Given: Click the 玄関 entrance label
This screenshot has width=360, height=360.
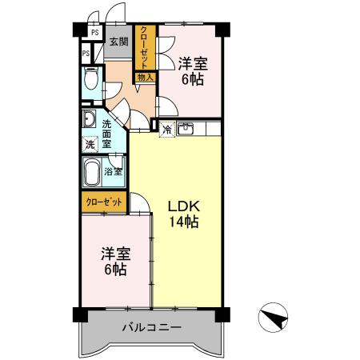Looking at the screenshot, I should pyautogui.click(x=118, y=42).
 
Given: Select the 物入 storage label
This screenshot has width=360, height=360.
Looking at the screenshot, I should pyautogui.click(x=145, y=78).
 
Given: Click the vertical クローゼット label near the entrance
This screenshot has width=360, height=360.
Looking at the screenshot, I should pyautogui.click(x=144, y=49).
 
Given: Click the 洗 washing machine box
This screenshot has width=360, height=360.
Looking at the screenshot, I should pyautogui.click(x=90, y=146).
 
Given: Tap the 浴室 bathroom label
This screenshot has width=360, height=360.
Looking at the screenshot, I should pyautogui.click(x=114, y=170).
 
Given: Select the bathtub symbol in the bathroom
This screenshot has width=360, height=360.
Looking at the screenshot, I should pyautogui.click(x=93, y=170).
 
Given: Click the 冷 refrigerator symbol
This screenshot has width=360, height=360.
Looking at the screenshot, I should pyautogui.click(x=168, y=129).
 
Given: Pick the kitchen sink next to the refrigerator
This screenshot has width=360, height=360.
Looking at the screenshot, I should pyautogui.click(x=186, y=128).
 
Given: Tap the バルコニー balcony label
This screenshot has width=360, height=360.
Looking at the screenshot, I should pyautogui.click(x=152, y=327).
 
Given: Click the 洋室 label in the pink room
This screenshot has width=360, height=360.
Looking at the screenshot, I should pyautogui.click(x=192, y=63).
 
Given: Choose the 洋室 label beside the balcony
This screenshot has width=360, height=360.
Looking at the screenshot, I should pyautogui.click(x=115, y=254).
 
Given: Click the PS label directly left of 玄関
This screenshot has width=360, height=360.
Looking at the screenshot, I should pyautogui.click(x=94, y=34).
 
